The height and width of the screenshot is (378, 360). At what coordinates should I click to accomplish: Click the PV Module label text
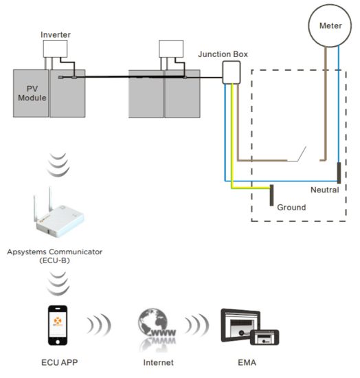(31, 93)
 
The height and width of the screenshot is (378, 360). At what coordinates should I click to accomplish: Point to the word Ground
(291, 207)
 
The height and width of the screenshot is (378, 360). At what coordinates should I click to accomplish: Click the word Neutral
(324, 190)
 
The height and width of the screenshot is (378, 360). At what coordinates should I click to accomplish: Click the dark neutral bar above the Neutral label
(338, 173)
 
